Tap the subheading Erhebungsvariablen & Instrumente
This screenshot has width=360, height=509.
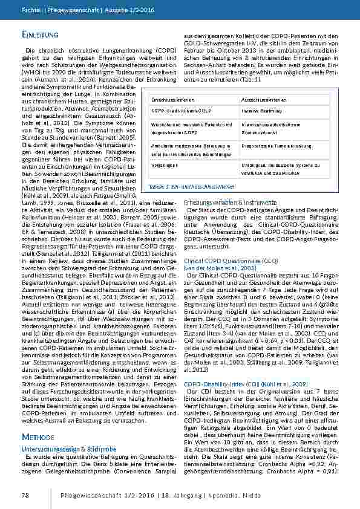(x=226, y=201)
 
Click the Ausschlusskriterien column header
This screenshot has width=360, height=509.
(x=264, y=99)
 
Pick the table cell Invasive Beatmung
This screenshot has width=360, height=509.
(x=263, y=112)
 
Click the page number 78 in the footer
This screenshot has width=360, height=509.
(x=26, y=495)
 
